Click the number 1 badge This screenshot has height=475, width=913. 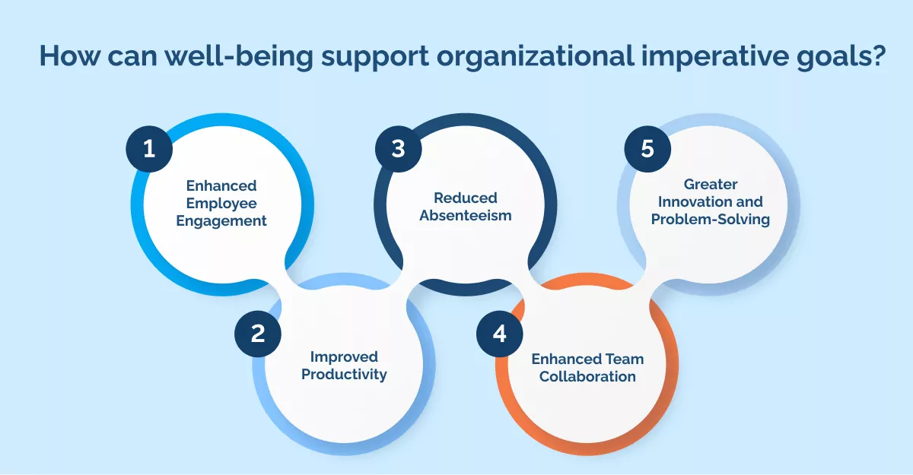click(149, 148)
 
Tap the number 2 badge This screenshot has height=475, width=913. click(258, 334)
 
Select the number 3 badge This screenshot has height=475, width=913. click(398, 148)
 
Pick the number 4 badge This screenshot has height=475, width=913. click(499, 334)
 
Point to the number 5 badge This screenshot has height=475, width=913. click(647, 148)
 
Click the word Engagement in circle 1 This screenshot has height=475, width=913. click(221, 221)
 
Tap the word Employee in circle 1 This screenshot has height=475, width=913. click(221, 204)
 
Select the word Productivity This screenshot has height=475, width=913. click(344, 375)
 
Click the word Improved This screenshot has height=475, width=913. click(344, 357)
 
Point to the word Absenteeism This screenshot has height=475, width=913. click(466, 215)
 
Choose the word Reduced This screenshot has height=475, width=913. click(466, 198)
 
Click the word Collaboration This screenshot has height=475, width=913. click(587, 376)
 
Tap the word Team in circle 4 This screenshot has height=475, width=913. click(625, 359)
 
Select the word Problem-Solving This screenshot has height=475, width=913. click(711, 220)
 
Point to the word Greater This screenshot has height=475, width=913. click(711, 185)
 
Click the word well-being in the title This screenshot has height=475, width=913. click(239, 57)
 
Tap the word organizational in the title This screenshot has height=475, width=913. click(535, 57)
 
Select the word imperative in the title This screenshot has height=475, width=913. click(715, 57)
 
